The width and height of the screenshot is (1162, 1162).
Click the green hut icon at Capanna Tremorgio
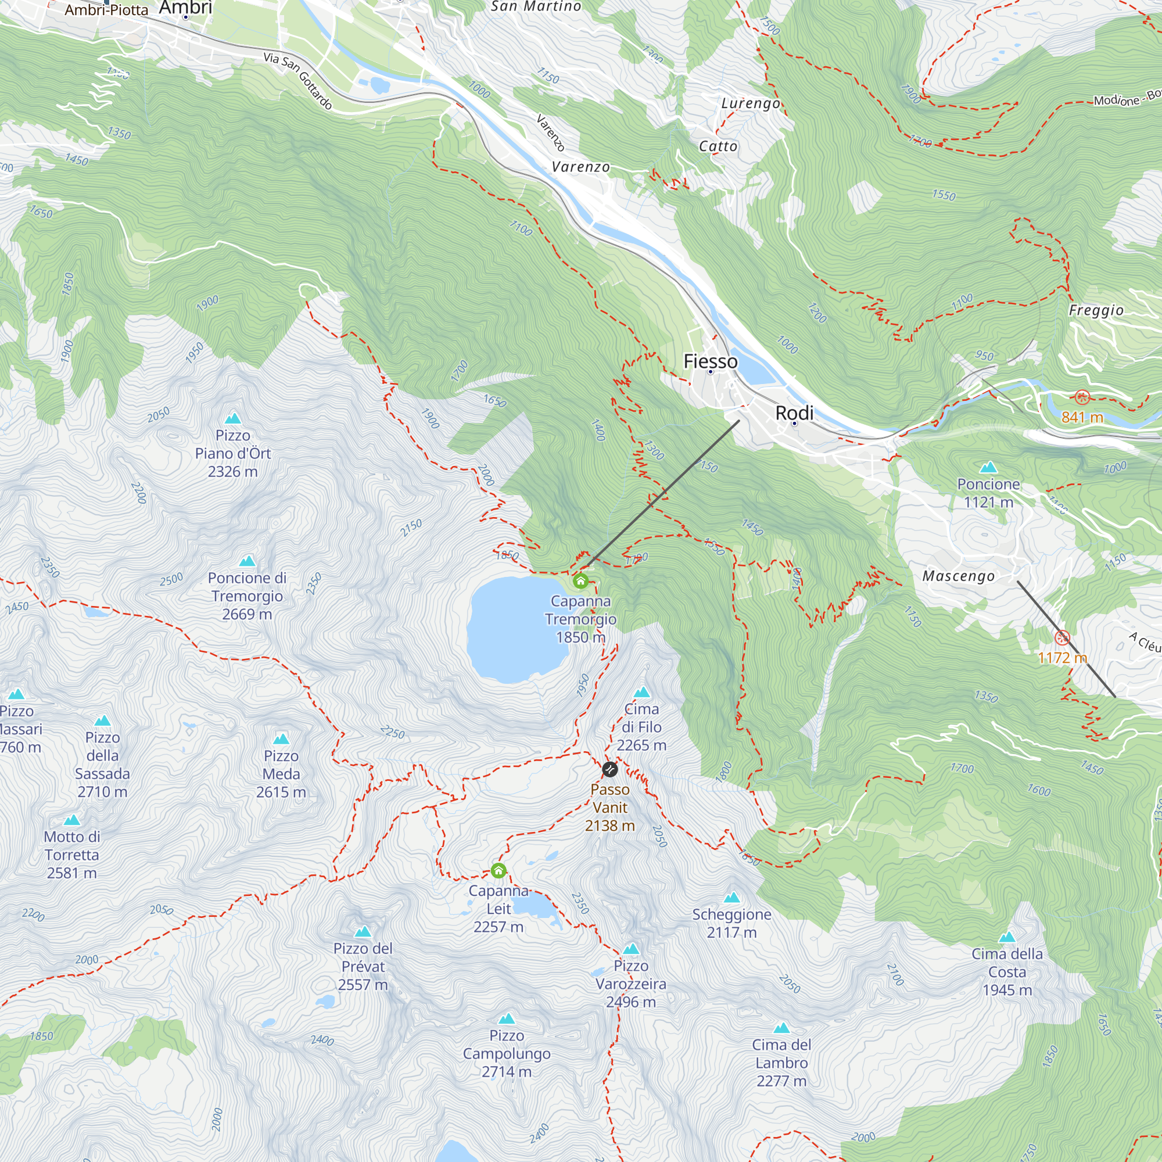pos(580,581)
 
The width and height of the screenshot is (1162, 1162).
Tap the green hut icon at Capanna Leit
pos(498,870)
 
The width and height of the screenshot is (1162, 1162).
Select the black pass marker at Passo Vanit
pos(610,769)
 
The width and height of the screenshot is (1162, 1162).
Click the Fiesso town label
pos(711,361)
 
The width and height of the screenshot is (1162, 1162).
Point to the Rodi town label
pos(794,413)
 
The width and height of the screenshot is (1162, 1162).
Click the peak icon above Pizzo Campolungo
pos(507,1019)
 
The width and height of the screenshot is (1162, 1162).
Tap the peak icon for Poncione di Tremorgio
pos(247,561)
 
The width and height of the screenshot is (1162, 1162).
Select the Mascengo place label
pos(958,576)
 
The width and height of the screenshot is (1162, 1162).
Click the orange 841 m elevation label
pos(1082,417)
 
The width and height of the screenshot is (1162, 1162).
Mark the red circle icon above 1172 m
pos(1062,637)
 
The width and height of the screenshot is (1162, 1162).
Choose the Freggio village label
pos(1096,310)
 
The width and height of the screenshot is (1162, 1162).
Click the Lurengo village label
pos(750,103)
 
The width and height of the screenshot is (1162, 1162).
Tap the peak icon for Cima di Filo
pos(642,693)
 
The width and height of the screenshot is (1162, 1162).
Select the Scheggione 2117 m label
pos(731,923)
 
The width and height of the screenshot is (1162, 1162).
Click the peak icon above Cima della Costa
pos(1007,937)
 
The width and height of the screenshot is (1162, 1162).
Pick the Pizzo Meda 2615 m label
pos(281,774)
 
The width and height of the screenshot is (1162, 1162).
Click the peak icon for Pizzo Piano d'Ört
pos(233,418)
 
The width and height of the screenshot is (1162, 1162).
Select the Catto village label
pos(718,146)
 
